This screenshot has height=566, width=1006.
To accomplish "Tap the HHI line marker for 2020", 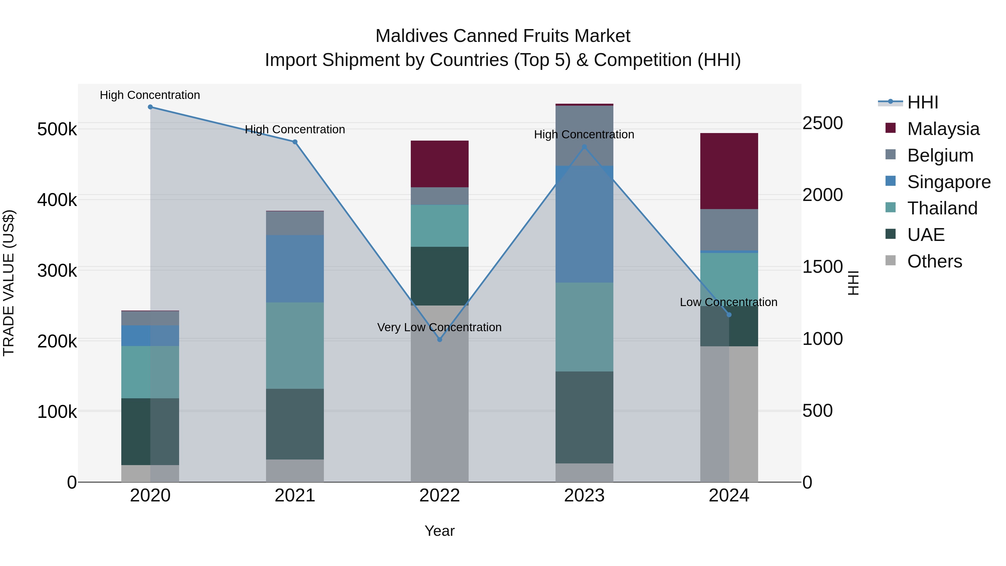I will pyautogui.click(x=150, y=107).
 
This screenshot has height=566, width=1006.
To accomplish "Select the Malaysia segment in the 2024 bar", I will pyautogui.click(x=729, y=171).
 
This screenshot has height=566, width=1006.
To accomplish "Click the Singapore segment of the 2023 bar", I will pyautogui.click(x=584, y=224).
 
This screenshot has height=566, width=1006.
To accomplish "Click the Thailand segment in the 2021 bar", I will pyautogui.click(x=295, y=345).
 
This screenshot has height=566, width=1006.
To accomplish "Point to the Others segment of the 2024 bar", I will pyautogui.click(x=729, y=414).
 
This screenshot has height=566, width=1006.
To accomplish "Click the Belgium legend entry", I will pyautogui.click(x=940, y=155).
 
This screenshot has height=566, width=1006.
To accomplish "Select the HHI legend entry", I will pyautogui.click(x=922, y=102).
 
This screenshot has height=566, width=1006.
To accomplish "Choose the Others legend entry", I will pyautogui.click(x=934, y=261).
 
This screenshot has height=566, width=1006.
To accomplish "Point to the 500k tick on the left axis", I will pyautogui.click(x=57, y=129).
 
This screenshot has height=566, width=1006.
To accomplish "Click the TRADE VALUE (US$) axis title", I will pyautogui.click(x=9, y=283).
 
